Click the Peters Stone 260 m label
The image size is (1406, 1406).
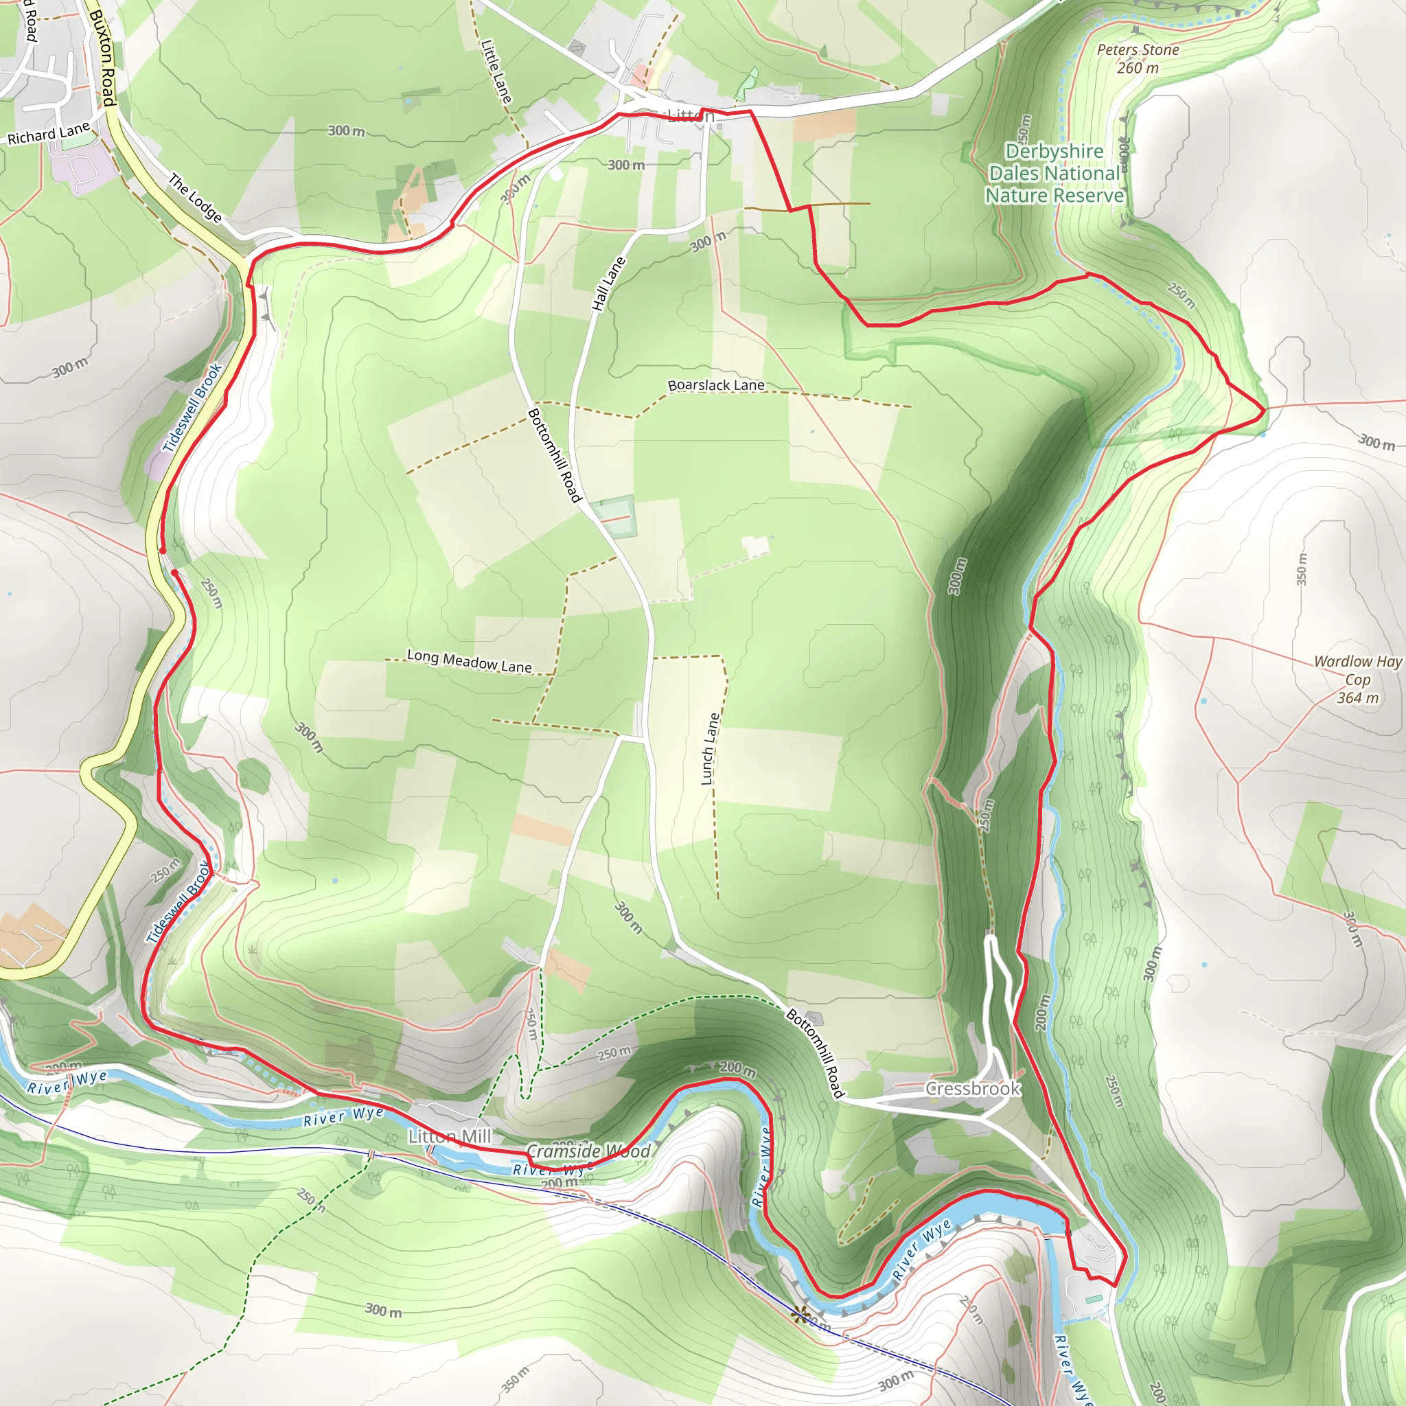coord(1138,59)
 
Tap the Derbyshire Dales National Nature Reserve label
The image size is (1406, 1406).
coord(1054,173)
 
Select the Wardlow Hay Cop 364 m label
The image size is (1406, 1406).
coord(1357,679)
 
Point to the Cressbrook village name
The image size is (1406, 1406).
coord(972,1089)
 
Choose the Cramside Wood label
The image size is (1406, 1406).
coord(588,1151)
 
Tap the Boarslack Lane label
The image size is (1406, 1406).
coord(716,385)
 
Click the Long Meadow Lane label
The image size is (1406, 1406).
coord(470,661)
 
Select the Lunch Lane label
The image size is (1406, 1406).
coord(710,748)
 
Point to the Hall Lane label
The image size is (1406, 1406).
coord(608,284)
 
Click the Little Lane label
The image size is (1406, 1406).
coord(496,71)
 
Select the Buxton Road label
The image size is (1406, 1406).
coord(102,58)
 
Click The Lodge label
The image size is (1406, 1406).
coord(195,196)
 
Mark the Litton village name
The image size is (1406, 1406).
coord(690,117)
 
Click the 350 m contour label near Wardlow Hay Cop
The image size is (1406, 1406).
coord(1301,569)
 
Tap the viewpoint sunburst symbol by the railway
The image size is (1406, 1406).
coord(801,1313)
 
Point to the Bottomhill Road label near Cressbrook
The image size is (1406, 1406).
coord(815,1053)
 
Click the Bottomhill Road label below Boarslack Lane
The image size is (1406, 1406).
coord(555,456)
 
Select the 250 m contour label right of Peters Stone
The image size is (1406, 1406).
coord(1181,295)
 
